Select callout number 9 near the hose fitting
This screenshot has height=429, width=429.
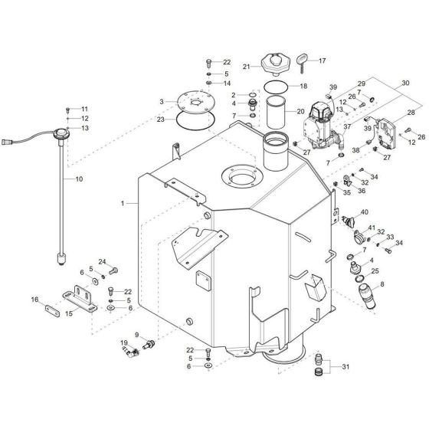[136, 335]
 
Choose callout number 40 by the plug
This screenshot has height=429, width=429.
[364, 212]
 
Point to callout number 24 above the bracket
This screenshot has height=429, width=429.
[103, 261]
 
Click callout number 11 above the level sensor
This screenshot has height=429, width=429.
[85, 110]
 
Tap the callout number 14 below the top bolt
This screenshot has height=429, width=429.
[227, 83]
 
